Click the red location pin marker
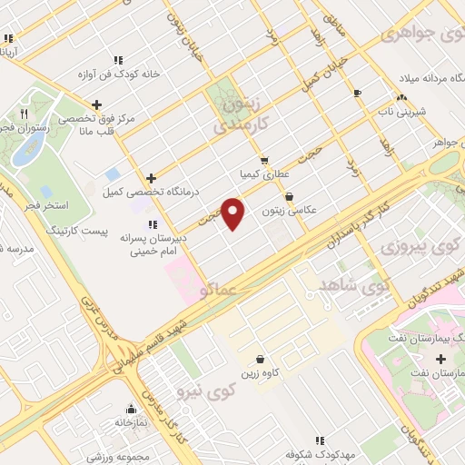233,213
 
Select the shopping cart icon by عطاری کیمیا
264,158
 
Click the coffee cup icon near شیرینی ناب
357,93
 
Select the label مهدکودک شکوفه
319,453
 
